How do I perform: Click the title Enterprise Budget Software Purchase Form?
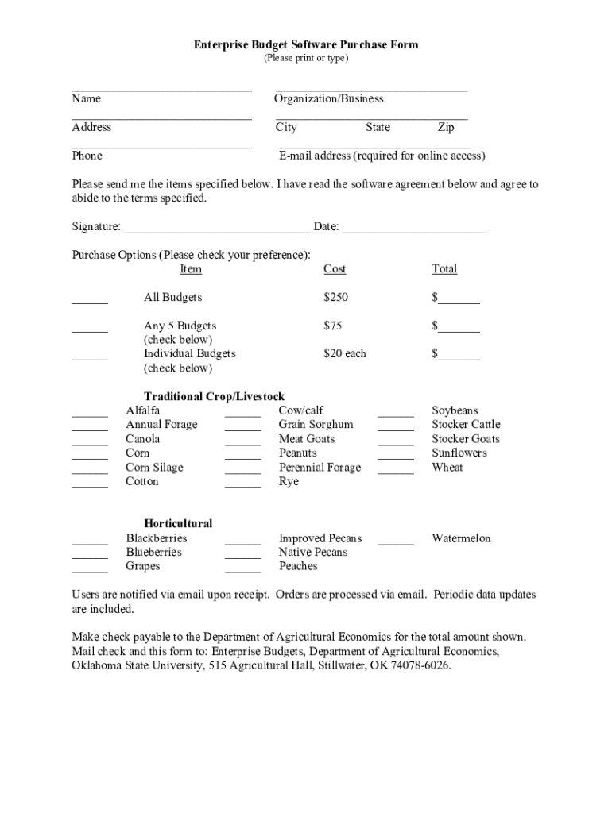pos(306,45)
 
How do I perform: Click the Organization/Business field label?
pos(328,99)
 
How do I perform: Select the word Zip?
pos(446,128)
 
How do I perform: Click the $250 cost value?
pos(336,298)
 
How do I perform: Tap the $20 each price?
pos(345,353)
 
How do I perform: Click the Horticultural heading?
pos(178,524)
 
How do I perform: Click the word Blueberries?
pos(153,553)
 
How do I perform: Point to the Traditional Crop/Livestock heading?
pos(214,397)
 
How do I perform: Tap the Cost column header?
pos(335,269)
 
